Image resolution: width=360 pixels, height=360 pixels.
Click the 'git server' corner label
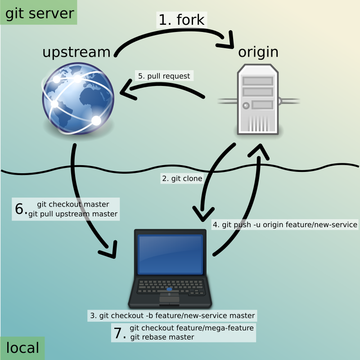pos(39,13)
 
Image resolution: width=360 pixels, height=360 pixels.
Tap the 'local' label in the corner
pos(22,347)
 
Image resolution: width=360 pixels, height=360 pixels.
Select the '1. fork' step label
pos(181,20)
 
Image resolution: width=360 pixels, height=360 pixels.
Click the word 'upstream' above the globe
pos(76,52)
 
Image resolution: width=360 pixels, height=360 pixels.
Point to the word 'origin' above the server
pos(258,52)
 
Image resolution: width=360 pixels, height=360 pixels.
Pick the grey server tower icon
pos(258,99)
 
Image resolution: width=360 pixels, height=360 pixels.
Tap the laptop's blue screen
pos(170,254)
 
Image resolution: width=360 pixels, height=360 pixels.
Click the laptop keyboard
pos(170,287)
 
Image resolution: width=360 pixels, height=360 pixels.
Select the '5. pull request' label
pos(164,76)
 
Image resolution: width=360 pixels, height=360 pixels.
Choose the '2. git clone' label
pos(182,178)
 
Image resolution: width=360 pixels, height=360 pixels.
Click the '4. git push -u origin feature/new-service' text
pos(284,224)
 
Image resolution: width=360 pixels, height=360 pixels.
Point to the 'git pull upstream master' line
pos(73,214)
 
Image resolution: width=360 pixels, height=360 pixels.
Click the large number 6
pos(20,209)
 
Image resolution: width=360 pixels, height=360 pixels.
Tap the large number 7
pos(118,333)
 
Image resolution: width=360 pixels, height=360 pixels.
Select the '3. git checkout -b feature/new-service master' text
pos(172,315)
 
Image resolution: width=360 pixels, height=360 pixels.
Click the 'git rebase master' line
pos(162,337)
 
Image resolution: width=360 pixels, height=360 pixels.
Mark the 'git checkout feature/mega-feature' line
pos(192,328)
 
